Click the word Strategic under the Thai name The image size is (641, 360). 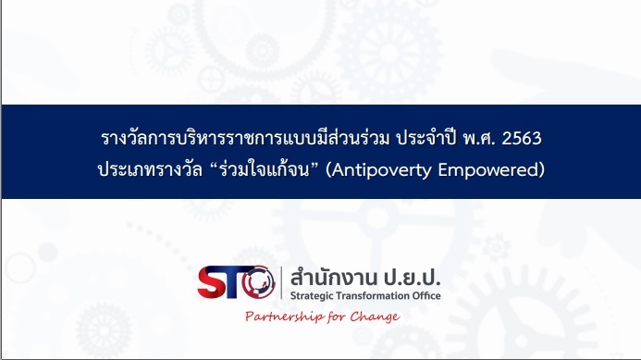click(x=314, y=296)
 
